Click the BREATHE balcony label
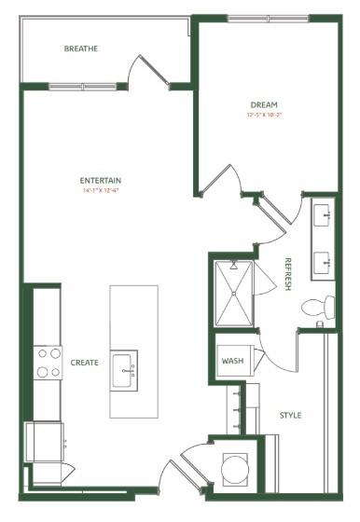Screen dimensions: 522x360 click(x=81, y=48)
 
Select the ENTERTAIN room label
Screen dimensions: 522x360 click(x=101, y=180)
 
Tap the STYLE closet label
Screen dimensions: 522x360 click(x=290, y=414)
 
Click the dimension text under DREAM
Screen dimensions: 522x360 click(x=264, y=116)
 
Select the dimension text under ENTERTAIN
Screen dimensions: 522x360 click(x=101, y=191)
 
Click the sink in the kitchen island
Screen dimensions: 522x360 click(x=124, y=367)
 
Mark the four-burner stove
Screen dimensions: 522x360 click(x=48, y=363)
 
